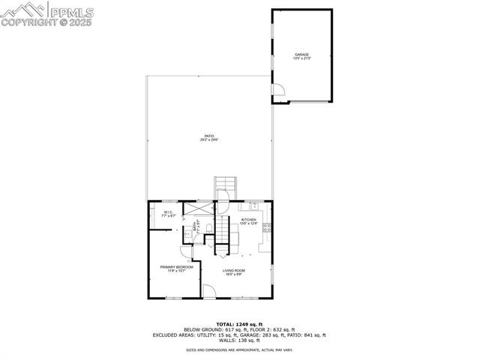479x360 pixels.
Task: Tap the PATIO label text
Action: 209,137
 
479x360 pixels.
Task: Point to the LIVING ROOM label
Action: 234,271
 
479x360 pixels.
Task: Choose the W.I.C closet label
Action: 168,214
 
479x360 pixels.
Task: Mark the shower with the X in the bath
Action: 203,209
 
